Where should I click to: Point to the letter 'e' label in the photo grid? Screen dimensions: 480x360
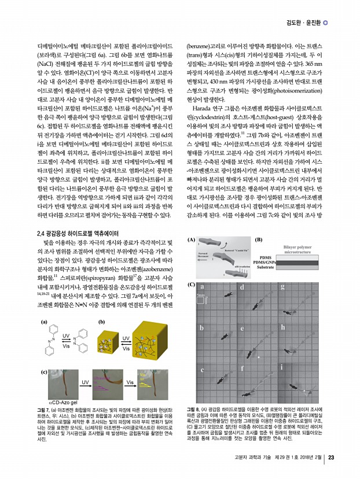point(241,327)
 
